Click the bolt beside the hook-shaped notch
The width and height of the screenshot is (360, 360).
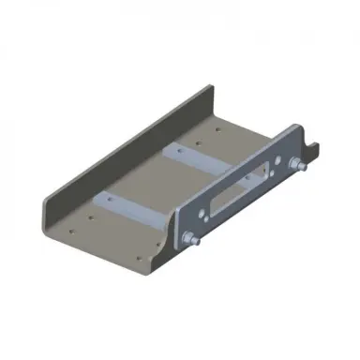(x=298, y=166)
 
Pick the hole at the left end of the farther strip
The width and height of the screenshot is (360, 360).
(x=172, y=151)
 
